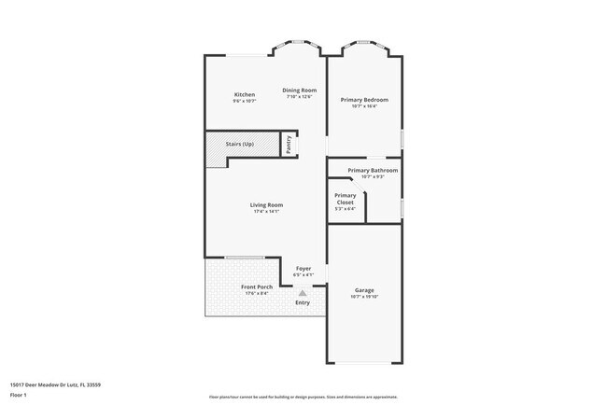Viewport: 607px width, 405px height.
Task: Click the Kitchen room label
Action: pos(245,94)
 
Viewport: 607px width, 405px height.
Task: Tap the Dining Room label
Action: pos(299,90)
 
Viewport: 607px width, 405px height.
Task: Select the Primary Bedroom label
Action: pos(363,99)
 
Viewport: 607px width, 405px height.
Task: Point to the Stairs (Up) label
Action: pos(240,145)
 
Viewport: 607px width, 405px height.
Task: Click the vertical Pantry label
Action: pos(289,144)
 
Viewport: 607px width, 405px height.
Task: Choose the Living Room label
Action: pos(266,204)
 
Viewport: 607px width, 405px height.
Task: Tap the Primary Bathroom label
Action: pos(373,170)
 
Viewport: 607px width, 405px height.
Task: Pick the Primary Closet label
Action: pos(345,199)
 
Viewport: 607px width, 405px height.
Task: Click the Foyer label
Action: pos(303,268)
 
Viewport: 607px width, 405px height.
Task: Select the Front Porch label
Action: pos(257,286)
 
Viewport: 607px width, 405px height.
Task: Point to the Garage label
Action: pos(363,290)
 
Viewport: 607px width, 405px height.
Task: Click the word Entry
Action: pos(303,302)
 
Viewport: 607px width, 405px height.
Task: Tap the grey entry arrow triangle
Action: pos(303,292)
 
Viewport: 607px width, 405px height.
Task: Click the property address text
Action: pos(55,384)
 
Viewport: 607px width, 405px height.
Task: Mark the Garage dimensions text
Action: pos(363,297)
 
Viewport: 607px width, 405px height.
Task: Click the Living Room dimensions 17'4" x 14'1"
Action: pos(266,211)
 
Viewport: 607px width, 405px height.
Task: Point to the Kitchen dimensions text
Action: pos(245,101)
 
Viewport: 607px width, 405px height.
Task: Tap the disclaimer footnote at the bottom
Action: pos(303,395)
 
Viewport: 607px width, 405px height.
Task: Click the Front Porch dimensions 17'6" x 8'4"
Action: pos(257,293)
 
